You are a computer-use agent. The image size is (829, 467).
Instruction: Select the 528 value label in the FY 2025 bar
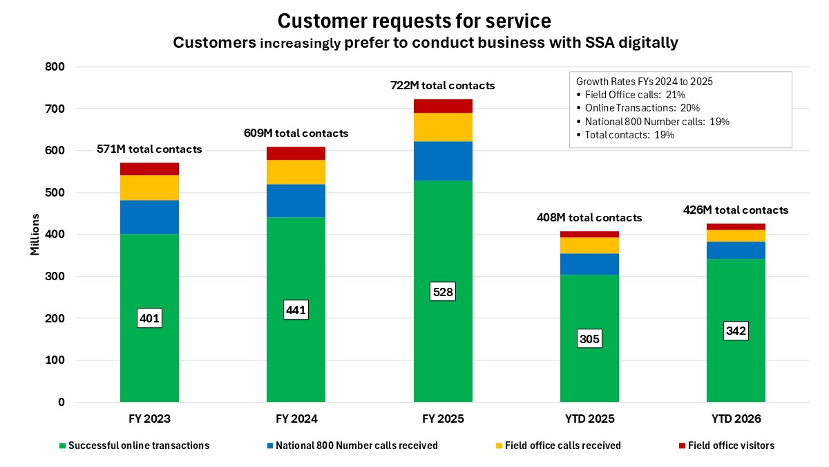(443, 292)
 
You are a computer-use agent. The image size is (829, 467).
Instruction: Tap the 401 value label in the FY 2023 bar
(149, 318)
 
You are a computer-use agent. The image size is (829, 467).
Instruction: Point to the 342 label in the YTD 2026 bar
(736, 331)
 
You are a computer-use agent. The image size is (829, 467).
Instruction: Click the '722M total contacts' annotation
(443, 86)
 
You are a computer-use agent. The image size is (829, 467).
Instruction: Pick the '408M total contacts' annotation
(589, 217)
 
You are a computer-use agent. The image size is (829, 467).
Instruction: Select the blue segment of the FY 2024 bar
(296, 201)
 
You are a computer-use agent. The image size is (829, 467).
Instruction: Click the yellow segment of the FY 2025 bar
(443, 127)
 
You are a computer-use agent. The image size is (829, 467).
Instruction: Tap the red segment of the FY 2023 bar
(149, 169)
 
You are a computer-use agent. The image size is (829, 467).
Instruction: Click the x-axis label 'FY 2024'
(296, 419)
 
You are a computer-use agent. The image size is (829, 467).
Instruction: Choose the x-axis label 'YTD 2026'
(736, 419)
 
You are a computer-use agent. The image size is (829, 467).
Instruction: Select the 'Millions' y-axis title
(35, 235)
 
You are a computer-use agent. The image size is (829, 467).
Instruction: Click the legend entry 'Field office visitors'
(731, 446)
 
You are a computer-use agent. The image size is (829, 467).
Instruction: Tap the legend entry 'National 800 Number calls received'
(356, 446)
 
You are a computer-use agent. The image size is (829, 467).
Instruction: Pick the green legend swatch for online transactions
(64, 446)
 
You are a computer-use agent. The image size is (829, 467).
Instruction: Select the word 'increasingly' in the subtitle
(300, 43)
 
